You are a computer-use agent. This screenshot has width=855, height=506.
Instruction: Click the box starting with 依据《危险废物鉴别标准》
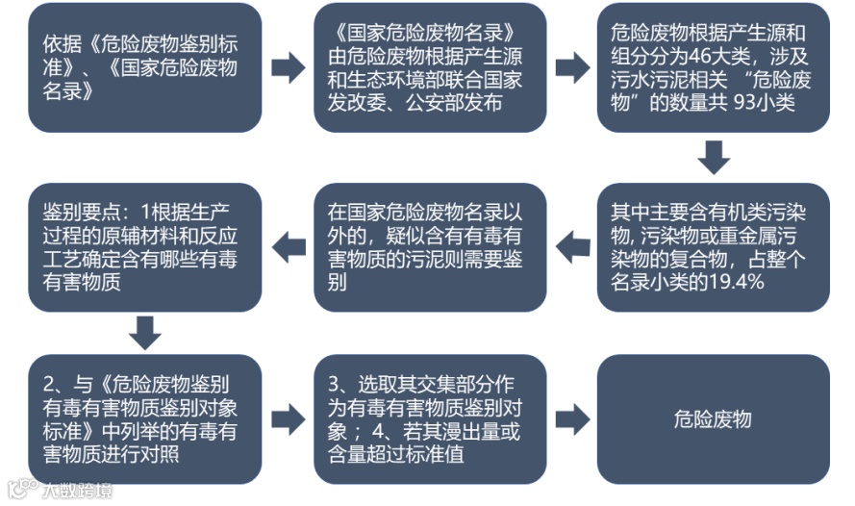pos(145,68)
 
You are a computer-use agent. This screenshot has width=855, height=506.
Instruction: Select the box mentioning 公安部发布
pos(429,68)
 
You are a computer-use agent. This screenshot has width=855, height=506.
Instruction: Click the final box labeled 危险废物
pos(713,418)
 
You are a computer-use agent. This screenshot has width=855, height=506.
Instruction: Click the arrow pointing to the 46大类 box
pos(571,68)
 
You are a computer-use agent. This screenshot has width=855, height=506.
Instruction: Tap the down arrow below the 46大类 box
pos(713,157)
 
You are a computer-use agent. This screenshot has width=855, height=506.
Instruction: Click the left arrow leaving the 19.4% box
pos(571,247)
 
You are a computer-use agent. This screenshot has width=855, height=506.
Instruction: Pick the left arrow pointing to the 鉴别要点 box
pos(288,247)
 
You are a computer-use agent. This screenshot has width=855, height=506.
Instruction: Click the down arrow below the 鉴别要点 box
pos(145,332)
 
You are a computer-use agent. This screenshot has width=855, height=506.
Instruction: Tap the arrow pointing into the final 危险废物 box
pos(571,418)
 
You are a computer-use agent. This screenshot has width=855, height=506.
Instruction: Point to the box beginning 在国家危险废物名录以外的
pos(429,247)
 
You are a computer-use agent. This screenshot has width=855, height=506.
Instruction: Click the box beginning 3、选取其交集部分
pos(429,418)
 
